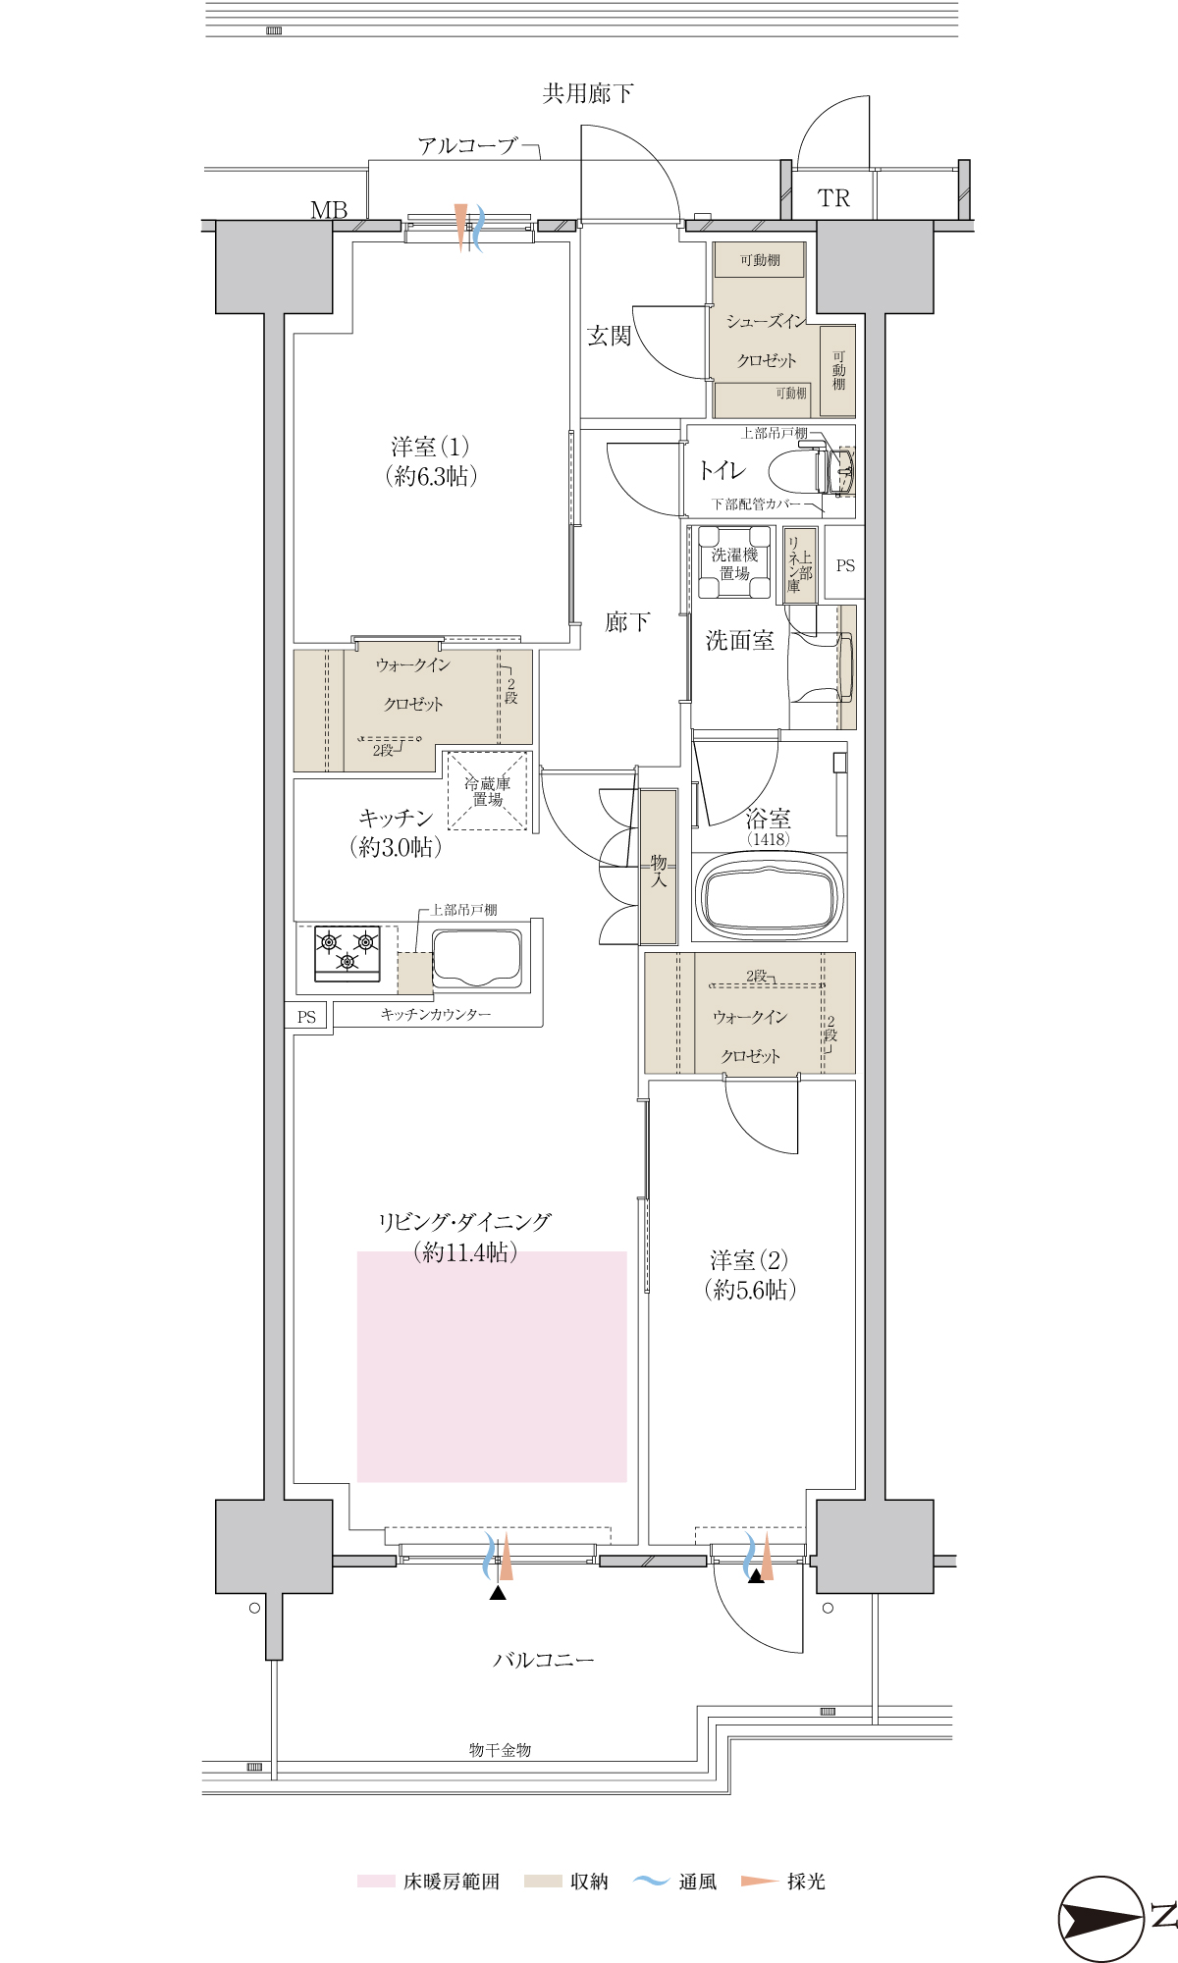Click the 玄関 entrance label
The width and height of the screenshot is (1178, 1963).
pyautogui.click(x=609, y=336)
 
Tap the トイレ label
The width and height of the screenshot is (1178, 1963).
pyautogui.click(x=723, y=471)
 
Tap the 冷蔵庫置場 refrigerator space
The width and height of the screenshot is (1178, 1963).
pyautogui.click(x=488, y=791)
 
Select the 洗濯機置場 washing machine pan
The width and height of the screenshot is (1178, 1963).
pyautogui.click(x=734, y=562)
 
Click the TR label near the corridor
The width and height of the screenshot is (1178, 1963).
pyautogui.click(x=833, y=198)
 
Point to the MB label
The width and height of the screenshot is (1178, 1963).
pyautogui.click(x=329, y=210)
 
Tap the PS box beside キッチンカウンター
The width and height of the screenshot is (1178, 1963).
pyautogui.click(x=306, y=1017)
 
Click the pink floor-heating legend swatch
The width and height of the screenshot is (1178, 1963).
pyautogui.click(x=376, y=1882)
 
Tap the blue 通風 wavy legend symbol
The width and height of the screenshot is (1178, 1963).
pyautogui.click(x=651, y=1881)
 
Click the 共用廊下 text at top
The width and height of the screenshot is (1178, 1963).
pyautogui.click(x=588, y=94)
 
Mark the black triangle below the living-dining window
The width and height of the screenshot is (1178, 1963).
pyautogui.click(x=498, y=1593)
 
